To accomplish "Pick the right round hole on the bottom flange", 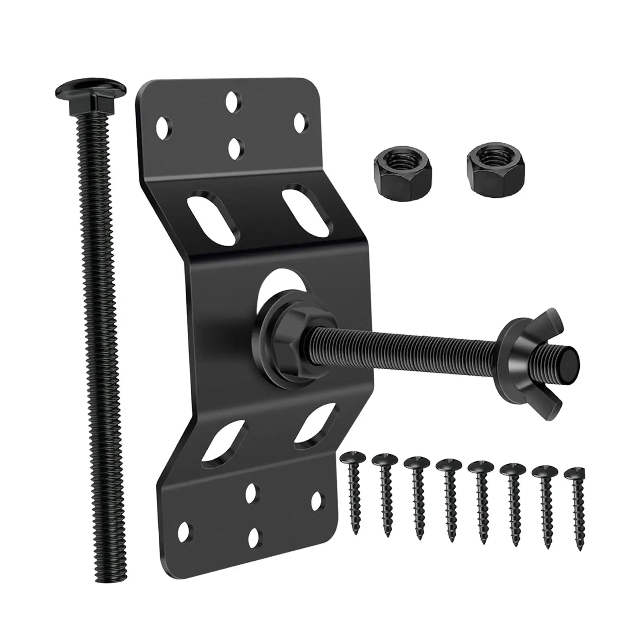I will [x=317, y=501].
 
